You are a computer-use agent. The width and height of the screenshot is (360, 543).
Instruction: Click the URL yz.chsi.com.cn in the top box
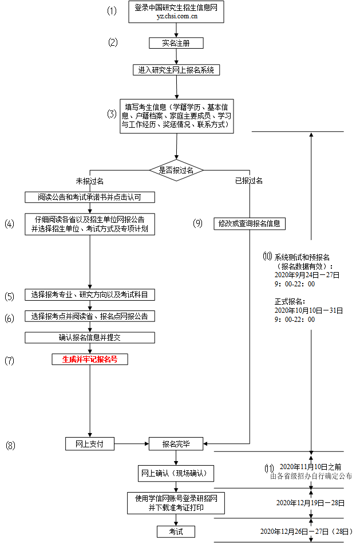(x=177, y=17)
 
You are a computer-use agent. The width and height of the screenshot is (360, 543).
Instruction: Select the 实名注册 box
(x=176, y=43)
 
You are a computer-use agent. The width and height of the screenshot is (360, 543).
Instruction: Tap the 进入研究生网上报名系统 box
(x=176, y=70)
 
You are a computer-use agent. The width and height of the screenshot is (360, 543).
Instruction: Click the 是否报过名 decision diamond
(x=176, y=170)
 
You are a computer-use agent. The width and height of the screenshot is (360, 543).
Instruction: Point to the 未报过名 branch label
(x=90, y=181)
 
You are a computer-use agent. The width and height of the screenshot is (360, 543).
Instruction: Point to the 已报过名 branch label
(x=249, y=181)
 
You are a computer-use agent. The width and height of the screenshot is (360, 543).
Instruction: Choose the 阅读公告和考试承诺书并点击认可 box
(x=90, y=197)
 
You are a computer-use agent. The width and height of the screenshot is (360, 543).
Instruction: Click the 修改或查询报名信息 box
(x=249, y=223)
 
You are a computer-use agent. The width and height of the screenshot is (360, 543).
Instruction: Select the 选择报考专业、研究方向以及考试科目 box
(x=90, y=295)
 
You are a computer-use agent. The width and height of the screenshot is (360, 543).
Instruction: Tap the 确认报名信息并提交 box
(x=90, y=337)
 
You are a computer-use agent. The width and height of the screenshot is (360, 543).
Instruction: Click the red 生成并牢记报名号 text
(x=90, y=360)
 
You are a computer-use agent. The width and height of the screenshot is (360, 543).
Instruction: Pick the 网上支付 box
(x=90, y=443)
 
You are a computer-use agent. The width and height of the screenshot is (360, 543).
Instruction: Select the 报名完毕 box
(x=176, y=443)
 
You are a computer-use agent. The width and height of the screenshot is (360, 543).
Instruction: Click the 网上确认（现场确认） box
(x=176, y=474)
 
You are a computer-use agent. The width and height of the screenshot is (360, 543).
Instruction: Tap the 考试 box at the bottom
(x=176, y=532)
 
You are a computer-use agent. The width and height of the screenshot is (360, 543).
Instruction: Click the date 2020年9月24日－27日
(x=307, y=275)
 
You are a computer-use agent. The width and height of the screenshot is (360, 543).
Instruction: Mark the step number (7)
(x=9, y=361)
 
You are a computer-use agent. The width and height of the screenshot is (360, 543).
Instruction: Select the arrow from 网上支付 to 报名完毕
(x=132, y=443)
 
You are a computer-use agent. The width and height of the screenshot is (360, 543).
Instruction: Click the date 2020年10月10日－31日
(x=308, y=310)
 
